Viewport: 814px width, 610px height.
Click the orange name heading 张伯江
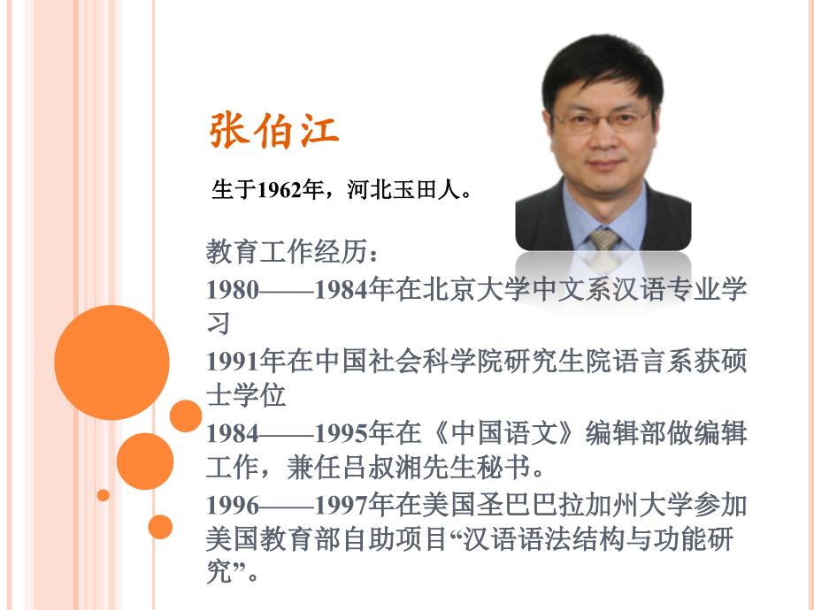274,130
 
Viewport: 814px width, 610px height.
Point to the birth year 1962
280,191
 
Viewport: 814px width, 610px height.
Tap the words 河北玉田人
403,190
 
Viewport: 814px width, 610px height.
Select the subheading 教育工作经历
287,252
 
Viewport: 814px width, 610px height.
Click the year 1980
232,289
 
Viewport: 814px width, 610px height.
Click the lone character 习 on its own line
218,324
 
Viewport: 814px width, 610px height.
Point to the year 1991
232,362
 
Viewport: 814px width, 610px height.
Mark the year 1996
232,505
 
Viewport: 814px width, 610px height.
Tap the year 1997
341,505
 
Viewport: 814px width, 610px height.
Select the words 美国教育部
273,538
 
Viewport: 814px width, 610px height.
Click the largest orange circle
111,362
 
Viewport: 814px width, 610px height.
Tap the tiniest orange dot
104,495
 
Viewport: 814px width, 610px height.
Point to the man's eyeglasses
603,120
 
